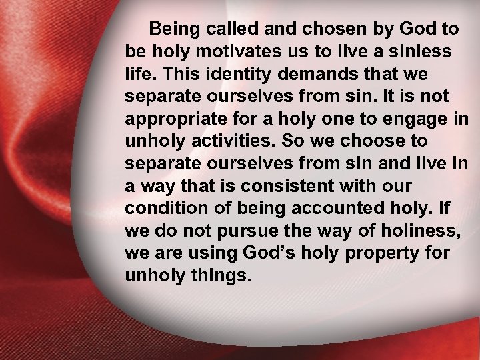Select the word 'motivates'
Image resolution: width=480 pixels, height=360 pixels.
coord(229,51)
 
